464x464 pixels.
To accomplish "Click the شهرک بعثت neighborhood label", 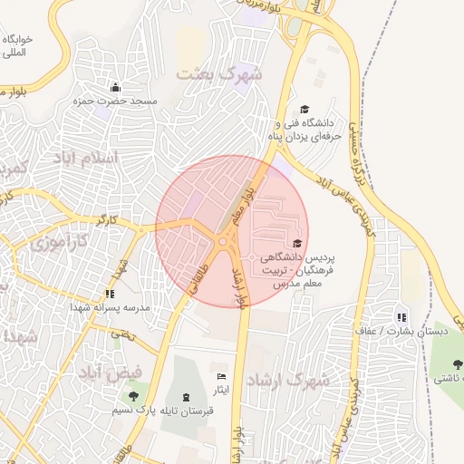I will click(220, 74).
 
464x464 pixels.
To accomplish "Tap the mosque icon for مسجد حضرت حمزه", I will click(115, 88).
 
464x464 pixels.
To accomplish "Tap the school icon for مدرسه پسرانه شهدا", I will click(110, 294).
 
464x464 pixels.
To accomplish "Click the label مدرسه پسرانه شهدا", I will click(102, 307).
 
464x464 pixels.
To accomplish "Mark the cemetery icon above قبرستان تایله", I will click(187, 396).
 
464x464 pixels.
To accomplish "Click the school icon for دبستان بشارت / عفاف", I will click(399, 317).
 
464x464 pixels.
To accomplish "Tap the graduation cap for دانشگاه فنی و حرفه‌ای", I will click(304, 108).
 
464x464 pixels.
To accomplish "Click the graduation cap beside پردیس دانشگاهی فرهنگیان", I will click(297, 243).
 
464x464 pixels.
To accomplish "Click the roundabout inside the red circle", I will click(223, 243).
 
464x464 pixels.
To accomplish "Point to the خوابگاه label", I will click(16, 40).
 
